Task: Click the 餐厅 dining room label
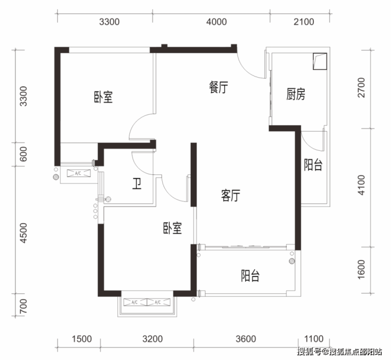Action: [218, 87]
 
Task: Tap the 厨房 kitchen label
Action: [296, 94]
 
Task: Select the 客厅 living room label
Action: [231, 196]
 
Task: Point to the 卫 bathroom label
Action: [137, 183]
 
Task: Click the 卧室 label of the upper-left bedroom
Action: [103, 97]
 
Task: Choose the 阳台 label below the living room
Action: [250, 275]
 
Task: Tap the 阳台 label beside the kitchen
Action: [313, 164]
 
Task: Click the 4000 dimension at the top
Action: [217, 22]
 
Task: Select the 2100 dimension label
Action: [304, 22]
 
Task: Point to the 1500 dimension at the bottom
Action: [82, 339]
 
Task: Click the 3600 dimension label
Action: [246, 339]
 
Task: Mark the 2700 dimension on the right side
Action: [361, 88]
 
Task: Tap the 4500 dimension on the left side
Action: [23, 233]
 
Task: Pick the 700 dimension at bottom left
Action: [23, 307]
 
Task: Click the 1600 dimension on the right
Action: [361, 270]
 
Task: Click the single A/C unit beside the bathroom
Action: [79, 173]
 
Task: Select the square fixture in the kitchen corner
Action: [320, 61]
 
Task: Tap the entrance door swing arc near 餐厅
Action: [249, 66]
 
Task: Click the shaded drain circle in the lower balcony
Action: [292, 261]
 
